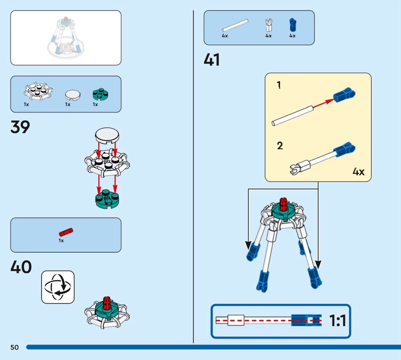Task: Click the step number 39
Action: point(20,127)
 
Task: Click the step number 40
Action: point(21,267)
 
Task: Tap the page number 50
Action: point(14,347)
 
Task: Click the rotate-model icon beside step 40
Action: point(58,287)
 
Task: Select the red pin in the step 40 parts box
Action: point(66,232)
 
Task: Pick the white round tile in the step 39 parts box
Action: point(73,94)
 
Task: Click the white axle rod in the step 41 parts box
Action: point(235,25)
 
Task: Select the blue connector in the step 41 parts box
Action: point(292,25)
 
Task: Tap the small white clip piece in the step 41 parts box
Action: point(268,25)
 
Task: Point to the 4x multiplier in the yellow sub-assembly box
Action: point(358,172)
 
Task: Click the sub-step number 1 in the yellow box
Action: point(279,85)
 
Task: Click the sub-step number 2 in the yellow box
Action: point(280,146)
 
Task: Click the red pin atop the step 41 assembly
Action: point(282,205)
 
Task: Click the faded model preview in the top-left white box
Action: point(66,38)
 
